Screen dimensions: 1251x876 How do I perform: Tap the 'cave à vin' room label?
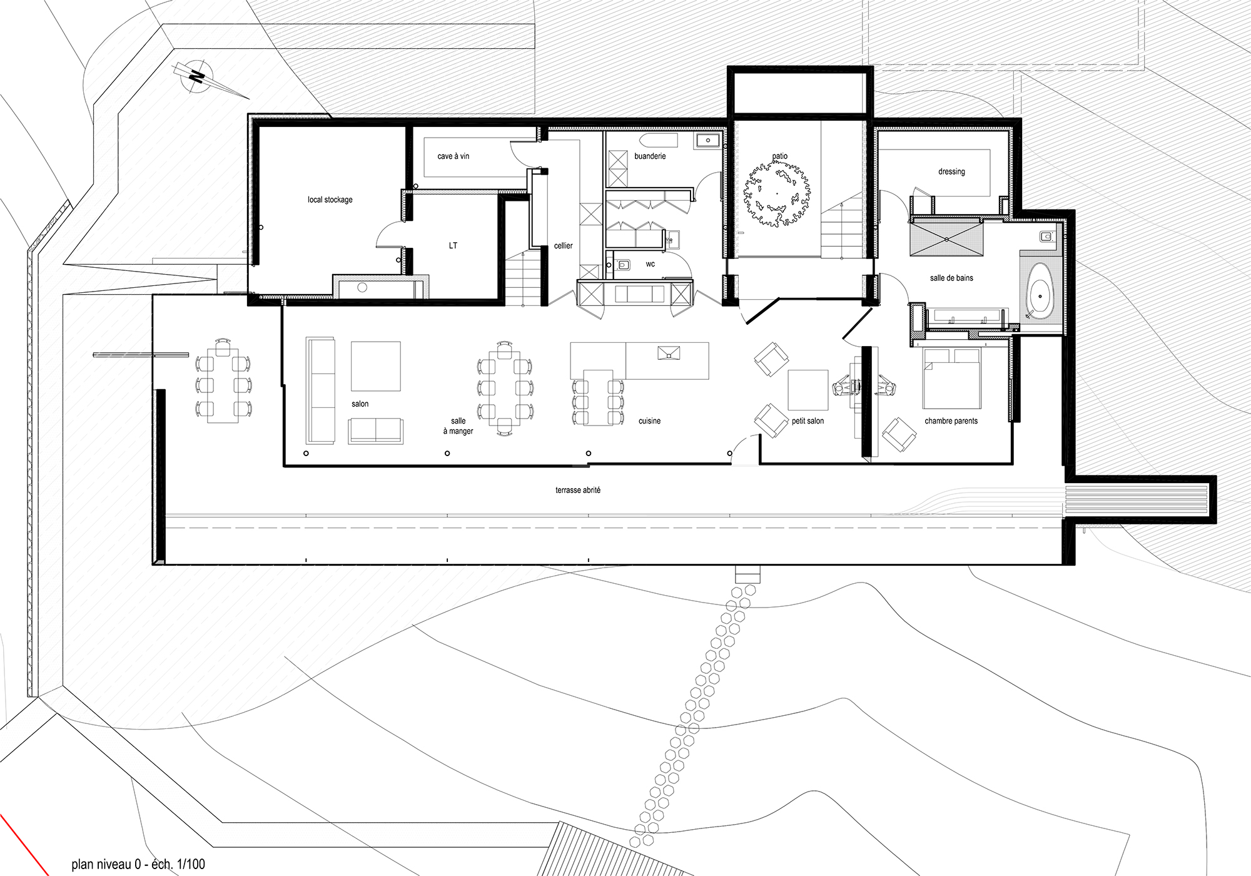(453, 156)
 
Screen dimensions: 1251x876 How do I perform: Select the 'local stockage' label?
(330, 200)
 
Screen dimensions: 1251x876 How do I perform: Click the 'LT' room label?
(453, 245)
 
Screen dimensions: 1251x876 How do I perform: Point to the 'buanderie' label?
(650, 156)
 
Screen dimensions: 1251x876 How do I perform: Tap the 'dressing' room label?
(951, 171)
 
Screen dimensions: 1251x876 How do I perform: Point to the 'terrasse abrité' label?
(578, 491)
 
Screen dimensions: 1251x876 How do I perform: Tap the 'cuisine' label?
(650, 421)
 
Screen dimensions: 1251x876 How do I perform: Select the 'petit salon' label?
(808, 421)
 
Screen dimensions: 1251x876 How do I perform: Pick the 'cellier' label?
(564, 246)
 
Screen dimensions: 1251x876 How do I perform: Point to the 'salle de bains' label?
(951, 278)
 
